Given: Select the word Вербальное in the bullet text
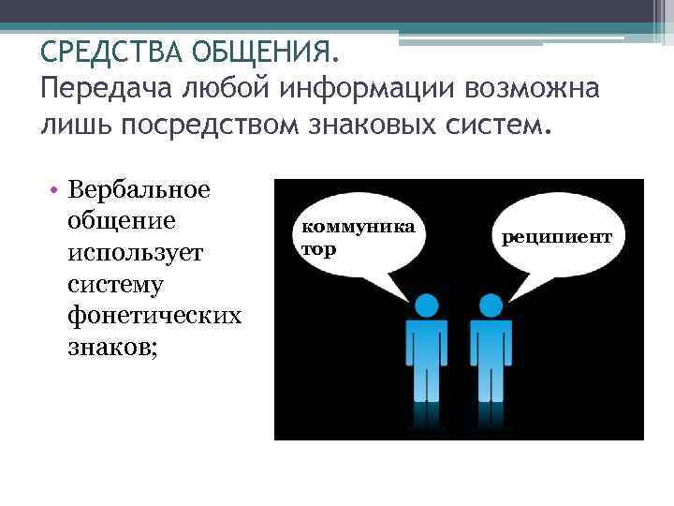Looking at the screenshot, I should (x=139, y=191).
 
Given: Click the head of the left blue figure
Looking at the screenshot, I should (x=427, y=305).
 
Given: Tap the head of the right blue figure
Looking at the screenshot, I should (x=491, y=305).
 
